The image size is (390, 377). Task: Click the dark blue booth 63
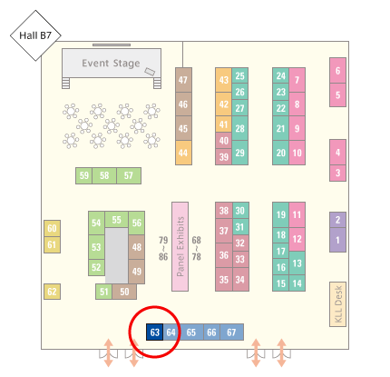pyautogui.click(x=155, y=332)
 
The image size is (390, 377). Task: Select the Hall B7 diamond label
pyautogui.click(x=35, y=35)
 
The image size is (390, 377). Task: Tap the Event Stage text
pyautogui.click(x=111, y=64)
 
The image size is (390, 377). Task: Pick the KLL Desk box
pyautogui.click(x=337, y=304)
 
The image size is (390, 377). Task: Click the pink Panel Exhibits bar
pyautogui.click(x=180, y=246)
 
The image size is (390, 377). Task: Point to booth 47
pyautogui.click(x=183, y=80)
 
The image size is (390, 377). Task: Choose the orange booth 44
pyautogui.click(x=183, y=153)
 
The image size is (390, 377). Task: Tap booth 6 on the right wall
pyautogui.click(x=337, y=71)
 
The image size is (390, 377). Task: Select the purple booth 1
pyautogui.click(x=337, y=240)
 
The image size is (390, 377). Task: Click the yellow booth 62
pyautogui.click(x=52, y=292)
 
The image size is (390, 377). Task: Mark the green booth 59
pyautogui.click(x=84, y=175)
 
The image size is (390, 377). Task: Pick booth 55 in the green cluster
pyautogui.click(x=117, y=220)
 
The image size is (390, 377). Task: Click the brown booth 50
pyautogui.click(x=124, y=292)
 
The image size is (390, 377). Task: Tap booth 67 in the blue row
pyautogui.click(x=231, y=332)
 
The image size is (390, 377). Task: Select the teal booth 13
pyautogui.click(x=297, y=263)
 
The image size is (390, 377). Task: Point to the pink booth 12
pyautogui.click(x=297, y=239)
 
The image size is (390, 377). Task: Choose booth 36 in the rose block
pyautogui.click(x=224, y=255)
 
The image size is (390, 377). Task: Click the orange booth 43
pyautogui.click(x=223, y=80)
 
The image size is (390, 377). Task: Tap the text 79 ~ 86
pyautogui.click(x=163, y=248)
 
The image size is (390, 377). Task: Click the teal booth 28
pyautogui.click(x=240, y=128)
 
